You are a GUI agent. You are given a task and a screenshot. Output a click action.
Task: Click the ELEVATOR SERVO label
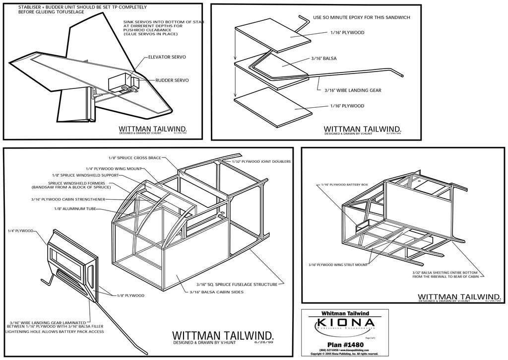coord(167,57)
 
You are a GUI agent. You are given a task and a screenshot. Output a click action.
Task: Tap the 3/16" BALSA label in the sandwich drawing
coord(324,59)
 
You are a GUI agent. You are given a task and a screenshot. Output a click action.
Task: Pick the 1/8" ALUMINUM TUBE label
coord(76,209)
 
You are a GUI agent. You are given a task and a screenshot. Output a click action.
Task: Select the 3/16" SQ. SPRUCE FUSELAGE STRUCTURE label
coord(231,285)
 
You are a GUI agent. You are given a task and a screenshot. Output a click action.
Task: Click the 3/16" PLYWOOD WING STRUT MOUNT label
coord(338,265)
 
